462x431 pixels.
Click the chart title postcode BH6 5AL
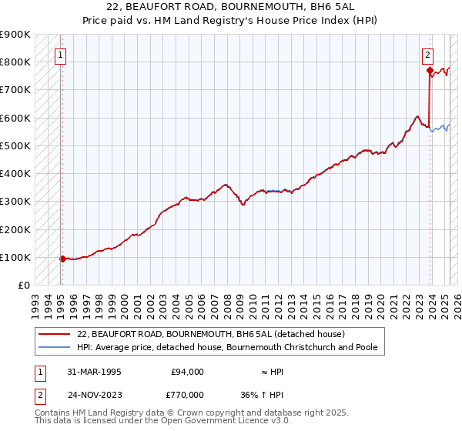[x=318, y=8]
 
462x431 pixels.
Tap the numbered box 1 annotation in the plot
[x=59, y=55]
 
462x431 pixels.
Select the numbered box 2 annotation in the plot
[x=427, y=55]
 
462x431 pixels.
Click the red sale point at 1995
[x=62, y=259]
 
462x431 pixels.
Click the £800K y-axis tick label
[x=15, y=62]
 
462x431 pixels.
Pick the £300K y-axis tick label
[x=15, y=202]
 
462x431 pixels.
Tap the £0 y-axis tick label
[x=23, y=286]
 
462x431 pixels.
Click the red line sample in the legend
[x=55, y=334]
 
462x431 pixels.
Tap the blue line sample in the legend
[x=55, y=347]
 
